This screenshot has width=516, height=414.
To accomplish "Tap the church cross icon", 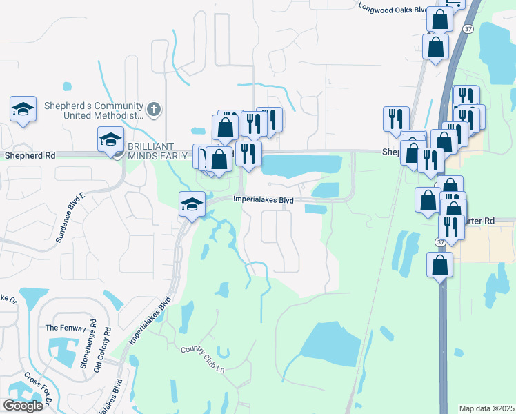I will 154,109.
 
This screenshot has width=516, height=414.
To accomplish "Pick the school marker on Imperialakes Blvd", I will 192,205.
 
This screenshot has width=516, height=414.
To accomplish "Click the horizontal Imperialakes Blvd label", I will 264,200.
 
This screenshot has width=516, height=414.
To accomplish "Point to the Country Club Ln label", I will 203,358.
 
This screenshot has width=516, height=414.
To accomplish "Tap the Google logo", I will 23,405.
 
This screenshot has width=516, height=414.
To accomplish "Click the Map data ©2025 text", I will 486,408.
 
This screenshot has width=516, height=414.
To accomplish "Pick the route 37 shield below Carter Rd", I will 439,242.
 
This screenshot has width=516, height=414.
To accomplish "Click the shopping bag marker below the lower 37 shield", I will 439,266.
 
